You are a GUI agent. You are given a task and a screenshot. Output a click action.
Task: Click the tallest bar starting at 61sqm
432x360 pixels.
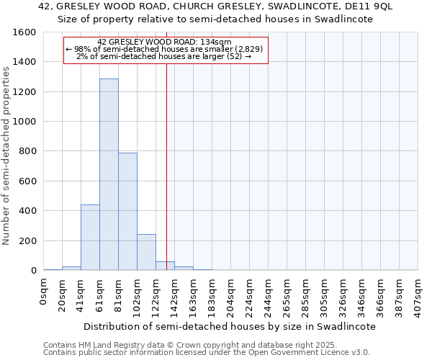(x=109, y=174)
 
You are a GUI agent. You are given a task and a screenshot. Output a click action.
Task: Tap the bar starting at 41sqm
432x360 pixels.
(x=90, y=238)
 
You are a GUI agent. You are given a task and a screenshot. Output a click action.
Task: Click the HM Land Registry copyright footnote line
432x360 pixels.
(x=185, y=345)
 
